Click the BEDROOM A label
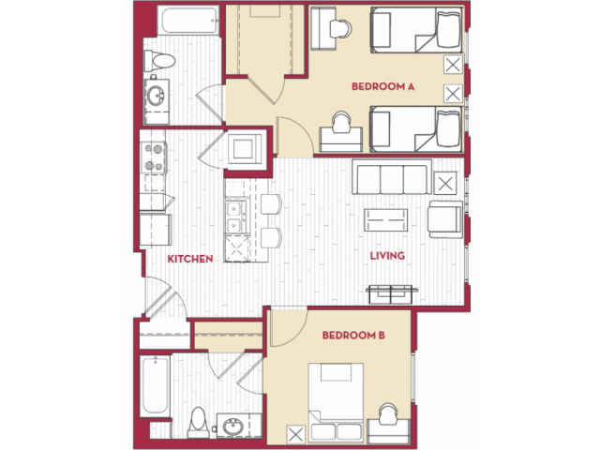tap(382, 86)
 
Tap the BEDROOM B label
tap(353, 336)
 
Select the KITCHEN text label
tap(190, 259)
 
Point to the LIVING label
tap(387, 255)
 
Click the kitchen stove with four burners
tap(154, 157)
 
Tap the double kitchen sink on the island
tap(234, 217)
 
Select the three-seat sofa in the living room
tap(392, 177)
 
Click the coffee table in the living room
tap(385, 220)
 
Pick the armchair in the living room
tap(445, 219)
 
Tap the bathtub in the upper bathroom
tap(188, 21)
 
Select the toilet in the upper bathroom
tap(159, 61)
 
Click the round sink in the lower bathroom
tap(233, 426)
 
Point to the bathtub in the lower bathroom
tap(155, 386)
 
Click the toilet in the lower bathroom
tap(198, 423)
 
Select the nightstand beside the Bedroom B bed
tap(296, 435)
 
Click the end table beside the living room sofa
tap(445, 184)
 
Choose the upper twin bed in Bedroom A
tap(416, 30)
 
